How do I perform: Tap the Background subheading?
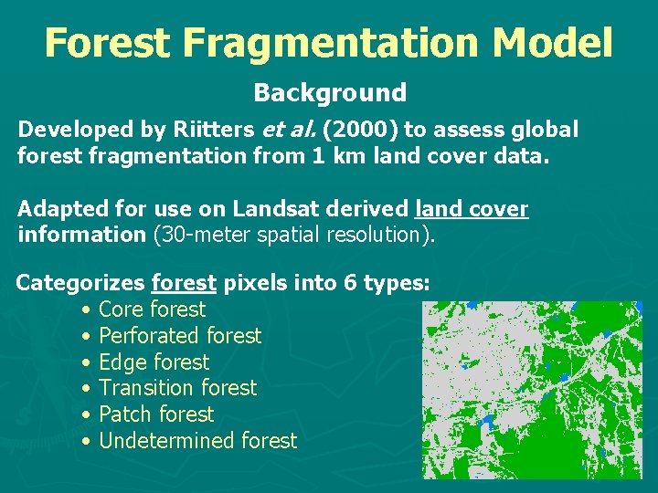[329, 92]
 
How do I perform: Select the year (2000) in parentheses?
[361, 130]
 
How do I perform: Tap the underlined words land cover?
[472, 208]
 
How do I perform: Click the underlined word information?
[81, 234]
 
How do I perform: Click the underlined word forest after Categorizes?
[185, 283]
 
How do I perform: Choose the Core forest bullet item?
[152, 309]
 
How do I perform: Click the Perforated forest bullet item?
[179, 336]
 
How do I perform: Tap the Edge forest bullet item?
[154, 362]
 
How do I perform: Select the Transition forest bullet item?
[177, 388]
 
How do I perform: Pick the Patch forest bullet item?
[155, 414]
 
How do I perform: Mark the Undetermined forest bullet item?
[197, 441]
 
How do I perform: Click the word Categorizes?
[80, 283]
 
